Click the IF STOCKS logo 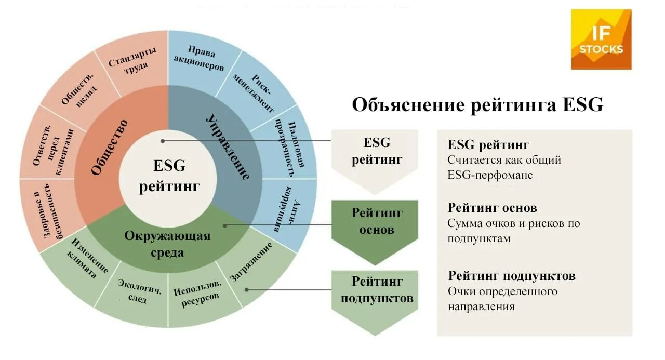coord(601,39)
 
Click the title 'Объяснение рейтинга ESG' coord(477,104)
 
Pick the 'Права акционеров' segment coord(199,59)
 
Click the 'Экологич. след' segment coord(132,291)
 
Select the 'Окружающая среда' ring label coord(167,243)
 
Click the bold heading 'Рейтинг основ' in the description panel coord(492,208)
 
